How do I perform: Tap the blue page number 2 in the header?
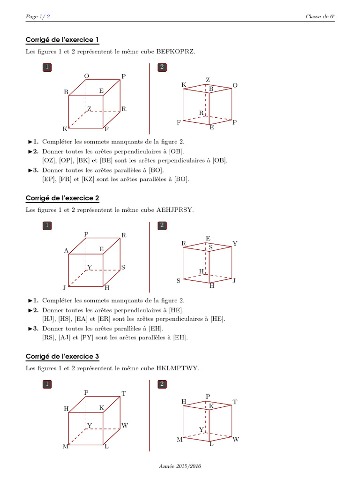(48, 16)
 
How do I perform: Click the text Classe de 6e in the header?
(320, 16)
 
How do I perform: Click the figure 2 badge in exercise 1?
(162, 67)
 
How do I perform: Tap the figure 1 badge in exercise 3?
(47, 384)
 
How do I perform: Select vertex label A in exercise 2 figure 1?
(66, 251)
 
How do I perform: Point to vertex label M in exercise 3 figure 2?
(179, 440)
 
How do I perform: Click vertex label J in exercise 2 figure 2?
(234, 281)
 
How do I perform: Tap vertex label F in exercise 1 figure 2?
(179, 123)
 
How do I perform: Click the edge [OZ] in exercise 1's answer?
(49, 160)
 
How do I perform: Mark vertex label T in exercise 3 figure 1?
(124, 394)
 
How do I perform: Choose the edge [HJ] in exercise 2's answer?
(49, 319)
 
